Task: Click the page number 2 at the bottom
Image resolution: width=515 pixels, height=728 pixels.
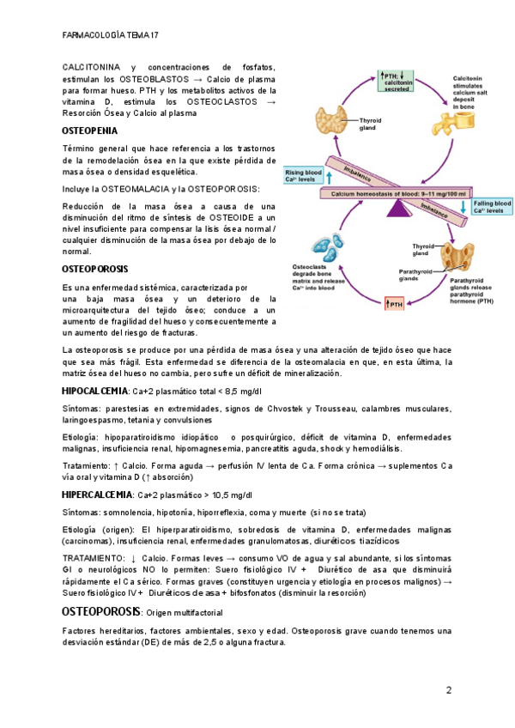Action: point(448,691)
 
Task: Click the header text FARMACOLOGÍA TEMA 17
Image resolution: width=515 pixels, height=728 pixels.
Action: point(111,35)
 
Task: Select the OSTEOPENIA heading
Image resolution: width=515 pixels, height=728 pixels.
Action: point(90,131)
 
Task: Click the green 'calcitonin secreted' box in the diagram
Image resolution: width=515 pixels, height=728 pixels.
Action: point(396,82)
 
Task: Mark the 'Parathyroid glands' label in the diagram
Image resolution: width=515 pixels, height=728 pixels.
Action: point(419,275)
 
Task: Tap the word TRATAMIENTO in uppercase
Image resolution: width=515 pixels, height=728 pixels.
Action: point(93,558)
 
